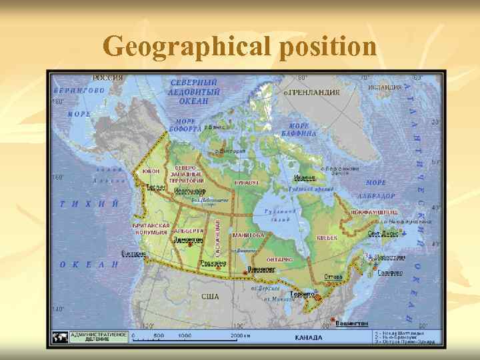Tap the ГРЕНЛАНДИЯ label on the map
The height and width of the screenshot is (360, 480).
[x=313, y=93]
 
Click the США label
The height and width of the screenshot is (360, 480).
[x=210, y=297]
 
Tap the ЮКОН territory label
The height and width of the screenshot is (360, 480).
[x=151, y=171]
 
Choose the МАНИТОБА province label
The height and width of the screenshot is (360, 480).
[x=248, y=235]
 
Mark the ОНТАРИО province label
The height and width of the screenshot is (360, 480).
[x=280, y=259]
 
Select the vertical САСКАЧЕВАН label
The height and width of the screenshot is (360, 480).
[x=218, y=237]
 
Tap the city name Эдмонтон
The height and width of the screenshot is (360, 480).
[x=188, y=239]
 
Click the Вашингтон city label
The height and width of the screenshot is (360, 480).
[x=351, y=323]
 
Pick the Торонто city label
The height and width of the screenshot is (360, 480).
[x=302, y=293]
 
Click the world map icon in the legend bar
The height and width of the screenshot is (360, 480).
[x=60, y=337]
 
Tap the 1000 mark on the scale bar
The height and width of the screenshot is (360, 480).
[x=185, y=335]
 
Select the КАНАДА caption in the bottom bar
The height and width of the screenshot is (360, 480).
[x=308, y=337]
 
